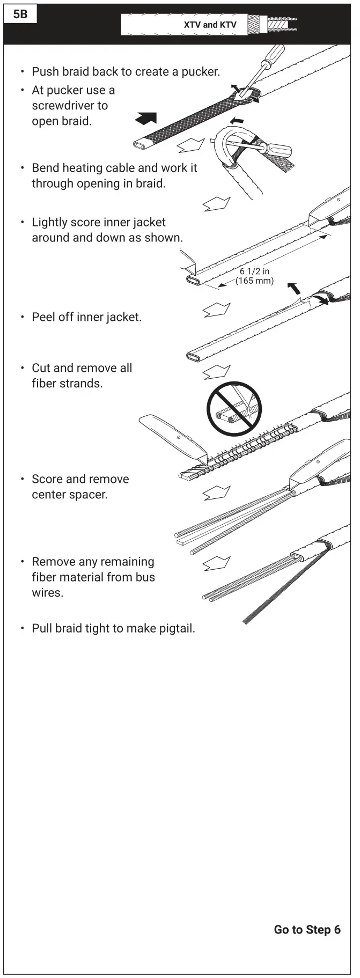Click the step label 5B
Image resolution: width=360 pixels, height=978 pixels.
(x=20, y=14)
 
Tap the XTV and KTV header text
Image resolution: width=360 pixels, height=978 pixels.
(x=210, y=25)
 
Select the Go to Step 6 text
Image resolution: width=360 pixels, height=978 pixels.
(x=307, y=930)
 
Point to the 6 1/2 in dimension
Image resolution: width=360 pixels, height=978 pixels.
(x=254, y=271)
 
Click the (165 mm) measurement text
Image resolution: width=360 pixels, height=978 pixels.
(x=254, y=281)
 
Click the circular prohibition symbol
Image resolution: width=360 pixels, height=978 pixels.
(x=234, y=408)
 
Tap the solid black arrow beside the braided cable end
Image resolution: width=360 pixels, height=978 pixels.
(x=146, y=118)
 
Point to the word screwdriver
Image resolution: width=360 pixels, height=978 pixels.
(x=70, y=106)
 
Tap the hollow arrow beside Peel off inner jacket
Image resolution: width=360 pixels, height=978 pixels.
(x=216, y=310)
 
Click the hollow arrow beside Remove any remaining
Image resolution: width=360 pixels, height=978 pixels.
(x=216, y=563)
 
